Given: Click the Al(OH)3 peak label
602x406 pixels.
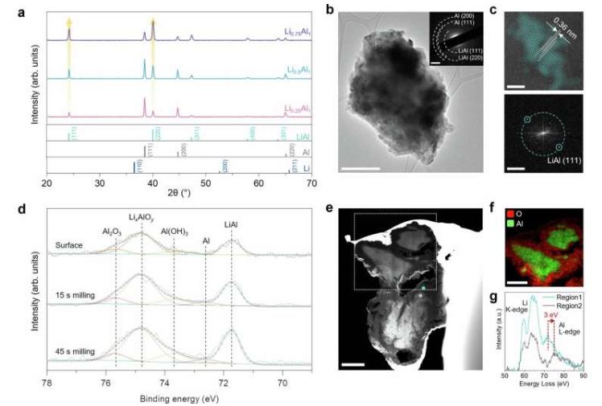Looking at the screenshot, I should pyautogui.click(x=175, y=232).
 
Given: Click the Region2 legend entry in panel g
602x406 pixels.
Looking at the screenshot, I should pyautogui.click(x=571, y=305).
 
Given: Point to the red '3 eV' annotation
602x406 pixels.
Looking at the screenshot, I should pyautogui.click(x=553, y=315).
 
